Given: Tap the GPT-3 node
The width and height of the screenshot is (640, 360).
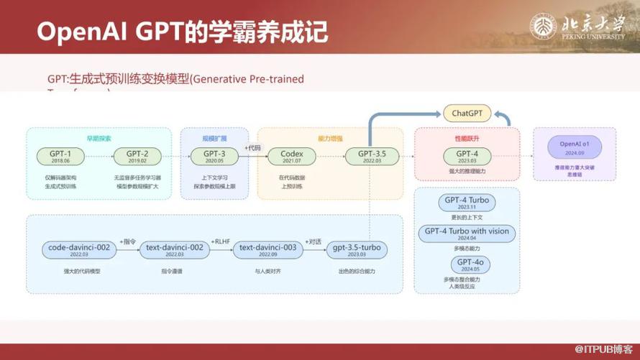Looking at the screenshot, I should [x=214, y=156].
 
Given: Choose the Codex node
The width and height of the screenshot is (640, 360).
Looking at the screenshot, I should [x=292, y=156].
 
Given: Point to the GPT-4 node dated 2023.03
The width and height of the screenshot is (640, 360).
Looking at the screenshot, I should [x=467, y=156].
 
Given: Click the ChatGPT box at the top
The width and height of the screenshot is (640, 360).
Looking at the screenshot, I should [x=466, y=113].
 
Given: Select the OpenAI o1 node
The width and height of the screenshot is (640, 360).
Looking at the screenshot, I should [x=575, y=147].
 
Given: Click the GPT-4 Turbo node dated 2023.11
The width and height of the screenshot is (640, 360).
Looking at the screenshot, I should [x=467, y=202].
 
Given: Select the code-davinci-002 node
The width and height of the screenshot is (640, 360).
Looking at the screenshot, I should [x=79, y=250].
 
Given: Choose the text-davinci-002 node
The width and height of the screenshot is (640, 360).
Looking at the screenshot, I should [x=174, y=250].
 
